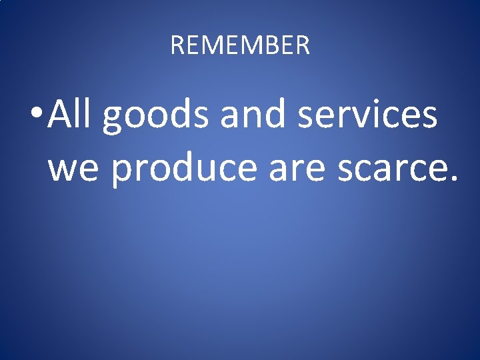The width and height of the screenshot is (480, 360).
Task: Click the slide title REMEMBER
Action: [240, 45]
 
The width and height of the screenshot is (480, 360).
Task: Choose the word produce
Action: [185, 169]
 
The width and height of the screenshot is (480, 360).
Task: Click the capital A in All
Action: [62, 114]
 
